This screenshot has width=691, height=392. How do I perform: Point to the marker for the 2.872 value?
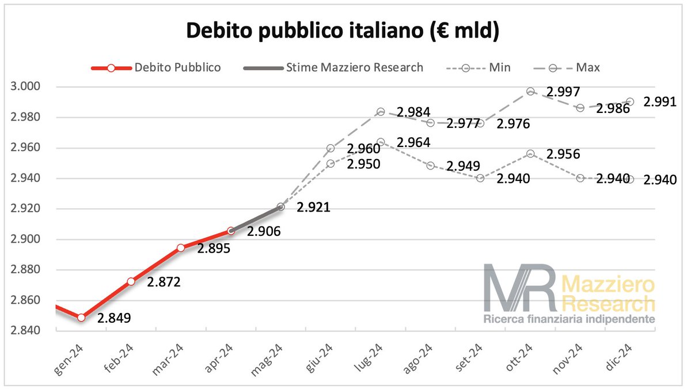[131, 281]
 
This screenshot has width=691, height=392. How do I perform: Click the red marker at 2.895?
[181, 247]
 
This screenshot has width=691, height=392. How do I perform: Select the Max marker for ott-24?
[530, 91]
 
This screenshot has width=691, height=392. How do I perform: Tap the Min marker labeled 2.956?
[530, 154]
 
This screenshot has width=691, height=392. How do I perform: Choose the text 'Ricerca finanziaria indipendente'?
[569, 319]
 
